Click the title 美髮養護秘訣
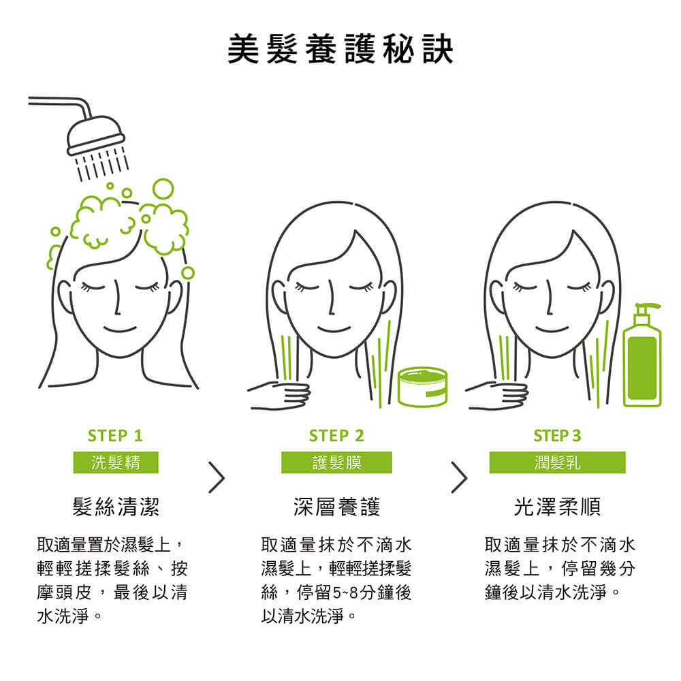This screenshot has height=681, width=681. point(340,50)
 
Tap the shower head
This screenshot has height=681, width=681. point(95,135)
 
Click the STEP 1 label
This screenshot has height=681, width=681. point(116,436)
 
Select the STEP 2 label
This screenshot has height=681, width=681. point(336,436)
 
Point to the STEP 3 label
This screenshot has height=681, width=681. point(557,436)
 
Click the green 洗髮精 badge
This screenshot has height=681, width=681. point(116,462)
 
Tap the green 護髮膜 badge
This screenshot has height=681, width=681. point(336,462)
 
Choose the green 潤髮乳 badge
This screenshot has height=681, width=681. point(557,462)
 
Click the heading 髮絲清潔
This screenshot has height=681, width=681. point(116,507)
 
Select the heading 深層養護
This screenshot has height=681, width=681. point(337,507)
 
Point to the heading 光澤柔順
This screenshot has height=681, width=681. point(558,507)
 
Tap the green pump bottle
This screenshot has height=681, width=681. point(642,355)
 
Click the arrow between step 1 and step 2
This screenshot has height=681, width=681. point(217,477)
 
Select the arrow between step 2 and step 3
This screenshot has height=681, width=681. point(459,477)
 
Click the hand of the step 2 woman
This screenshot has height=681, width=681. point(280,395)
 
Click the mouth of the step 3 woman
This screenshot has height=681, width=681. point(552,329)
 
